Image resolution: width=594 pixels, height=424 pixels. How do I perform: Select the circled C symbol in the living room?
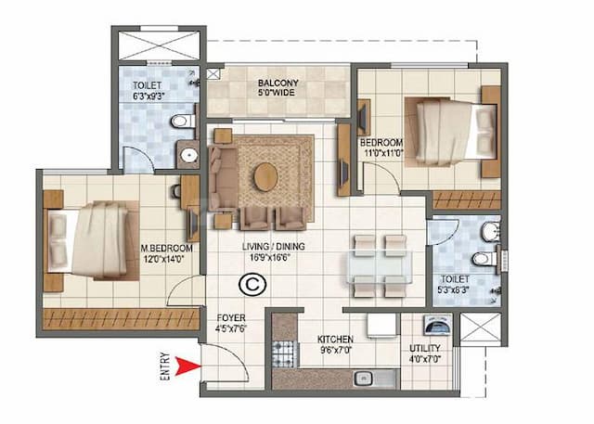pyautogui.click(x=249, y=284)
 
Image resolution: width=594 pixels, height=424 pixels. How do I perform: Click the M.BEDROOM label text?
pyautogui.click(x=167, y=249)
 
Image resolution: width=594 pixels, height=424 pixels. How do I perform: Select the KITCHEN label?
pyautogui.click(x=335, y=340)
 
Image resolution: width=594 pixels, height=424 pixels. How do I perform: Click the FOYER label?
pyautogui.click(x=231, y=316)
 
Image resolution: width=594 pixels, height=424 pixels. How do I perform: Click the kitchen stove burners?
pyautogui.click(x=282, y=353)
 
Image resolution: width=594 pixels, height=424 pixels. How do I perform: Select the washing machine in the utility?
pyautogui.click(x=433, y=326)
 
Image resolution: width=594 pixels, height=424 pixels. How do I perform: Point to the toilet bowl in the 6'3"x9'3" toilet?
pyautogui.click(x=184, y=121)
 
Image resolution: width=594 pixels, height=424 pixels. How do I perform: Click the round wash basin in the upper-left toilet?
pyautogui.click(x=188, y=155)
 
